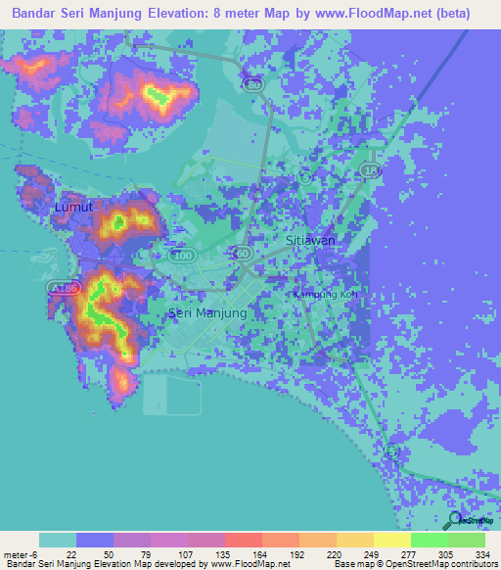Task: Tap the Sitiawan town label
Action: (310, 240)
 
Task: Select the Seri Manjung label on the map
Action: (207, 313)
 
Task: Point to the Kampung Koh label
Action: (326, 294)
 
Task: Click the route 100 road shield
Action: (182, 255)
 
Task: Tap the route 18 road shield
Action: (369, 170)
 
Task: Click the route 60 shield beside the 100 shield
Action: (241, 253)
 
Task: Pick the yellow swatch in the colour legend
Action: (391, 540)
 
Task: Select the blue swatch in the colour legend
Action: (95, 540)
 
